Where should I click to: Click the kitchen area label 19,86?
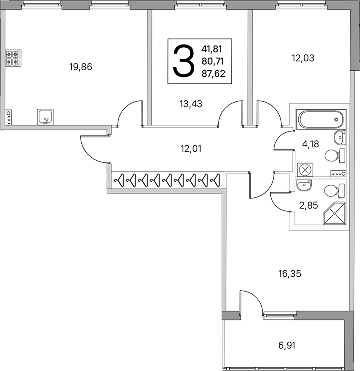[x=81, y=67]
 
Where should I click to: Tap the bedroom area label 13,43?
[x=191, y=104]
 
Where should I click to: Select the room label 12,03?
[x=303, y=58]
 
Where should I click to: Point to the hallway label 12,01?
[x=191, y=149]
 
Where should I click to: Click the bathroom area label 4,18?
[x=311, y=144]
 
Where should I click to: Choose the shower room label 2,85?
[x=308, y=205]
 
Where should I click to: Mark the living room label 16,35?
[x=290, y=274]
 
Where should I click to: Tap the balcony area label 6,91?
[x=287, y=346]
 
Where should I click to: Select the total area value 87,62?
[x=213, y=74]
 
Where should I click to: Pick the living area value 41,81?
[x=212, y=49]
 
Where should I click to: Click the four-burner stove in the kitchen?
[x=13, y=58]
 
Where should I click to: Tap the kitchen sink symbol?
[x=45, y=117]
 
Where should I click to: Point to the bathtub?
[x=321, y=119]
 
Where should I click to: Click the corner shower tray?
[x=334, y=213]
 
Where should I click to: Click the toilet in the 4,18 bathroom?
[x=335, y=156]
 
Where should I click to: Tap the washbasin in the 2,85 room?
[x=304, y=185]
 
